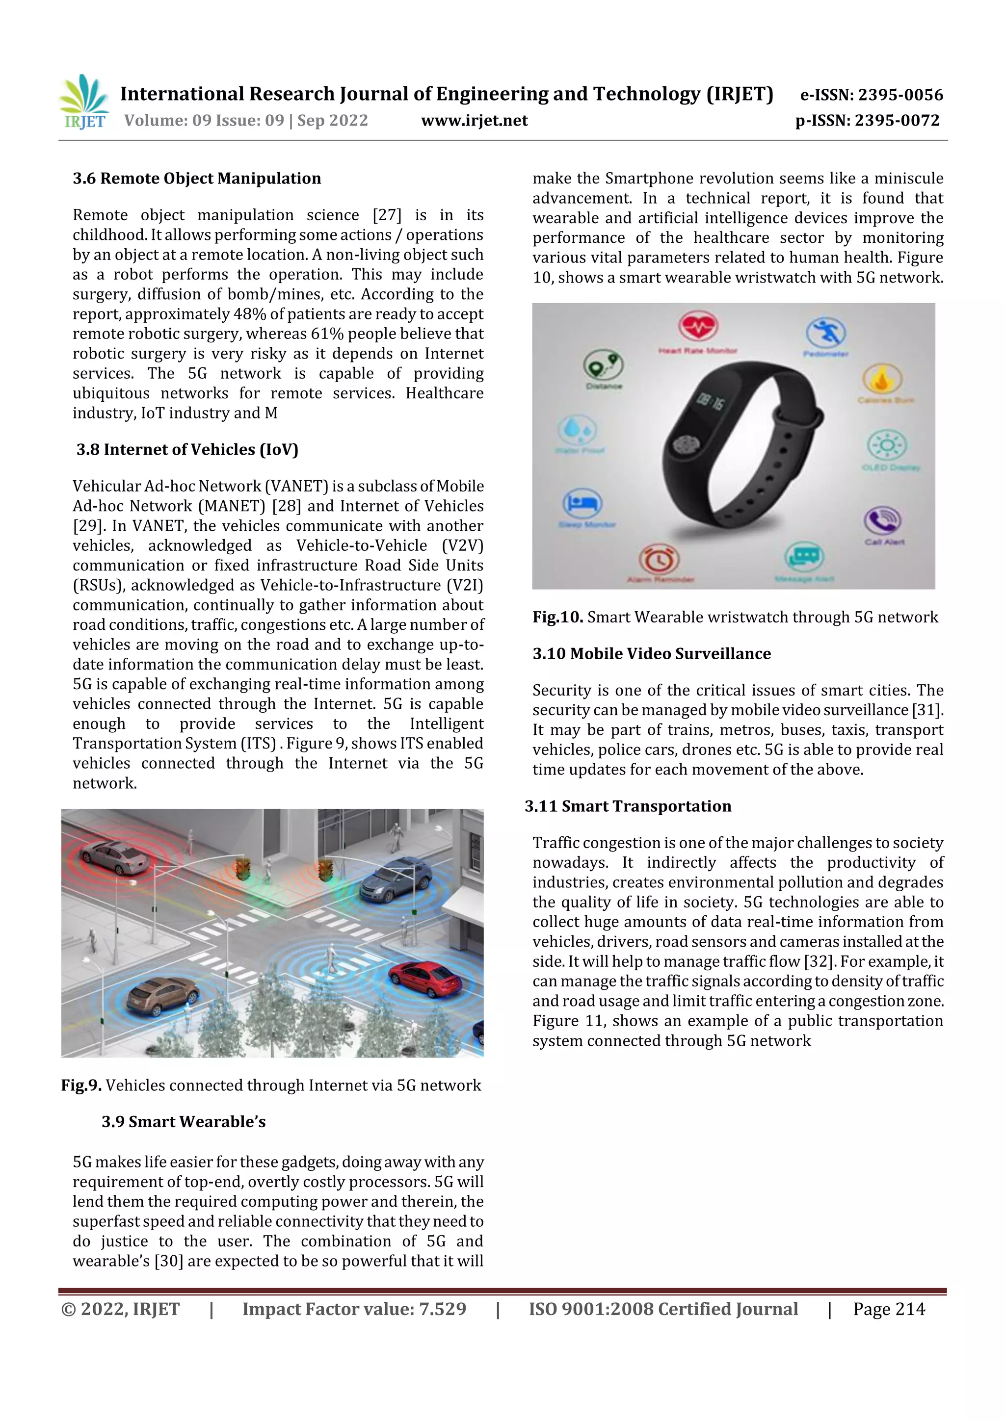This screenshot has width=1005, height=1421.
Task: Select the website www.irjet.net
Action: [475, 121]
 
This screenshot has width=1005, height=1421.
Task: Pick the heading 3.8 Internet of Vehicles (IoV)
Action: [187, 450]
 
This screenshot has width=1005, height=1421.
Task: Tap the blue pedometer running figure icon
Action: [825, 333]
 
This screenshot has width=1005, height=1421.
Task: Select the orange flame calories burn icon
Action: [882, 379]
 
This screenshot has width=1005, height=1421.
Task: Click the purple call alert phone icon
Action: [882, 521]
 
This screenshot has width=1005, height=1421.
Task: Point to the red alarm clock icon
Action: [659, 560]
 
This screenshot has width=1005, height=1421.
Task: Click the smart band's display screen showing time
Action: [710, 403]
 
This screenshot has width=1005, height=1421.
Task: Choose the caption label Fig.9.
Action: [81, 1085]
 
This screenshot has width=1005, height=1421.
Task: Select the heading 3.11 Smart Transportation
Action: [628, 806]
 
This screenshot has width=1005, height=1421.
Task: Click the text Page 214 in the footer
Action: [889, 1310]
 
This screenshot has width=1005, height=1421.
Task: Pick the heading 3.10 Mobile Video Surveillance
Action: [651, 654]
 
